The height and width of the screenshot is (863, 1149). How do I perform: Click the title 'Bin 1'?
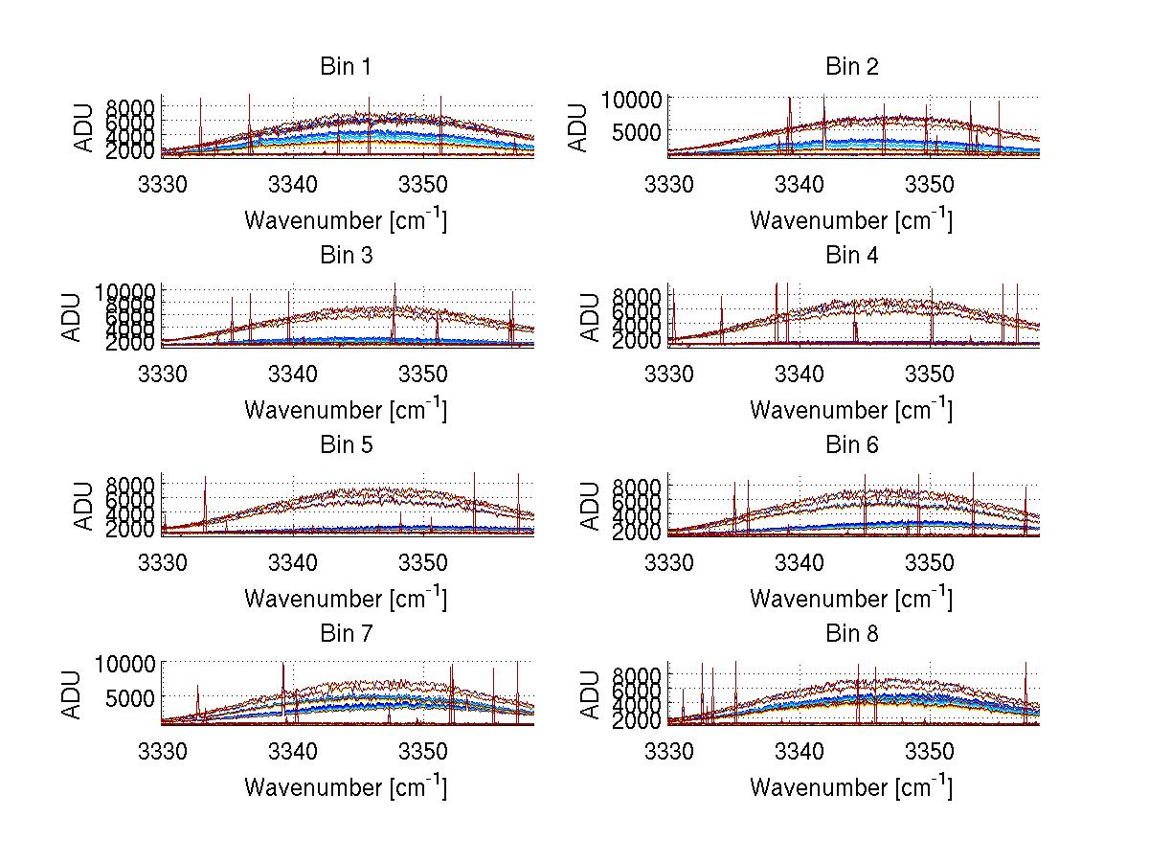(x=346, y=67)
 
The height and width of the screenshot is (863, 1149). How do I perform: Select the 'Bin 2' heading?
(x=851, y=67)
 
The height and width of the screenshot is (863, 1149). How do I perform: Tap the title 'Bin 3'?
(x=346, y=256)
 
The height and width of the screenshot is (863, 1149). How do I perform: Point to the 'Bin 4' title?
(x=851, y=256)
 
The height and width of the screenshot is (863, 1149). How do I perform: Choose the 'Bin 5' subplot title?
(x=346, y=445)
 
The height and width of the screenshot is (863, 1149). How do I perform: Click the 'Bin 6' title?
(x=851, y=445)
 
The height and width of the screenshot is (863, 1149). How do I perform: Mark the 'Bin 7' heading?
(x=346, y=634)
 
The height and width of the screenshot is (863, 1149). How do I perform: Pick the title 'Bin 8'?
(x=851, y=634)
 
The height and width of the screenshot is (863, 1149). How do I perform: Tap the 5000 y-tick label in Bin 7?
(x=124, y=697)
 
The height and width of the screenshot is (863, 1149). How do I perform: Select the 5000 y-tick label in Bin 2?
(x=630, y=131)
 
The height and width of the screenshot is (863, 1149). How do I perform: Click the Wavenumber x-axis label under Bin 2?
(x=851, y=221)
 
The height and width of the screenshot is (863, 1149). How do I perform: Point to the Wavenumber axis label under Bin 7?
(x=346, y=787)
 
